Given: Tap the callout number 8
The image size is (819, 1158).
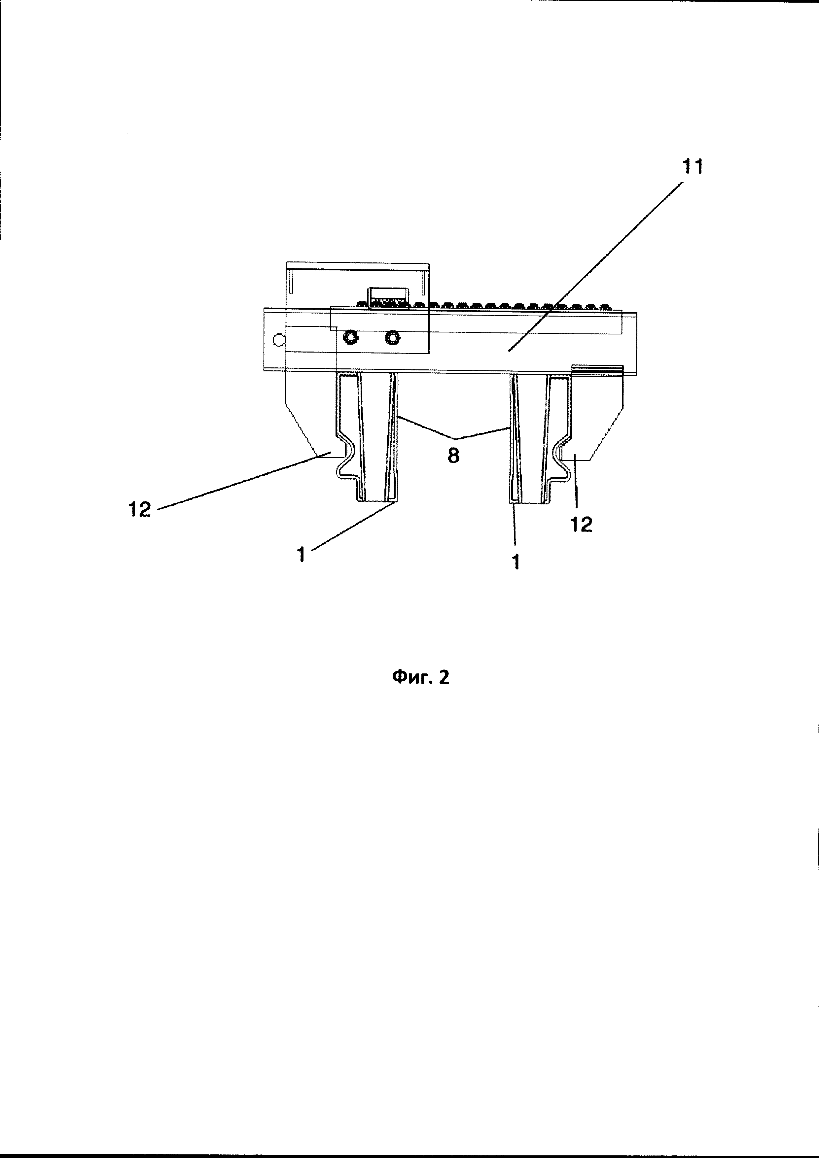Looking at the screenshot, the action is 454,456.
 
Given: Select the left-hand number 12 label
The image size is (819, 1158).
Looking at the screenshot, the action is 139,510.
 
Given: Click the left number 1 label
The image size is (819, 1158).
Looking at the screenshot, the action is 301,555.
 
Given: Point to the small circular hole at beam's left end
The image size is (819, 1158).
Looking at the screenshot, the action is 277,339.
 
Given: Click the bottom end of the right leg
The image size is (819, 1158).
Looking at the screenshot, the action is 529,500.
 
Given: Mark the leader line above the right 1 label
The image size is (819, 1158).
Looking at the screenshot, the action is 514,524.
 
